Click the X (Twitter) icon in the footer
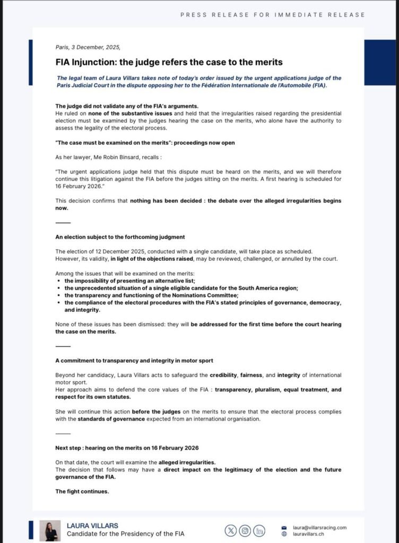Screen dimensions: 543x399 tap(231, 530)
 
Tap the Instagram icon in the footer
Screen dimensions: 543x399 tap(245, 530)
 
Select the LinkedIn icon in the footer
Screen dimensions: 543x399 tap(259, 530)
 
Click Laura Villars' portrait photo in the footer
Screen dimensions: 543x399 tap(50, 530)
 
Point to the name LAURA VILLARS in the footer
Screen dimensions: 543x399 tap(92, 526)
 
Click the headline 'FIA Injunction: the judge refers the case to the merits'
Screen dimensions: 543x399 tap(169, 62)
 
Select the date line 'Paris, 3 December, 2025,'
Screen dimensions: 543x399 tap(88, 47)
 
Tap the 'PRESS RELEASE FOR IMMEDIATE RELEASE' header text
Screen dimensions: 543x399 tap(273, 15)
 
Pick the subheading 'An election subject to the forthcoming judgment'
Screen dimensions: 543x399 tap(120, 237)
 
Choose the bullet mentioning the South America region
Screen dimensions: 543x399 tap(181, 287)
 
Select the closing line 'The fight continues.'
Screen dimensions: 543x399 tap(82, 491)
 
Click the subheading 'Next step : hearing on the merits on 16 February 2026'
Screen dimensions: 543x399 tap(127, 448)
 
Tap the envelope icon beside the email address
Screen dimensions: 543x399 tap(284, 528)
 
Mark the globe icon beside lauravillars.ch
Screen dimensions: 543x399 tap(284, 534)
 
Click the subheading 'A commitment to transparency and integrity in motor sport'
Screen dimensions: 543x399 tap(134, 361)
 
